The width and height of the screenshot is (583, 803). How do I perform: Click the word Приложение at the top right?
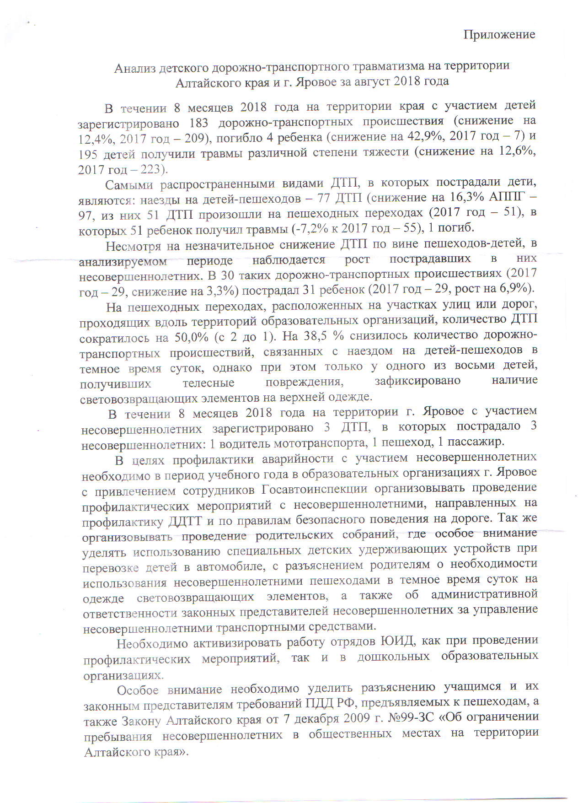[499, 35]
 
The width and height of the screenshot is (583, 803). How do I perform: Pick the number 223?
[150, 169]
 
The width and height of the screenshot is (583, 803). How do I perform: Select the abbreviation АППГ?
[507, 198]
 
